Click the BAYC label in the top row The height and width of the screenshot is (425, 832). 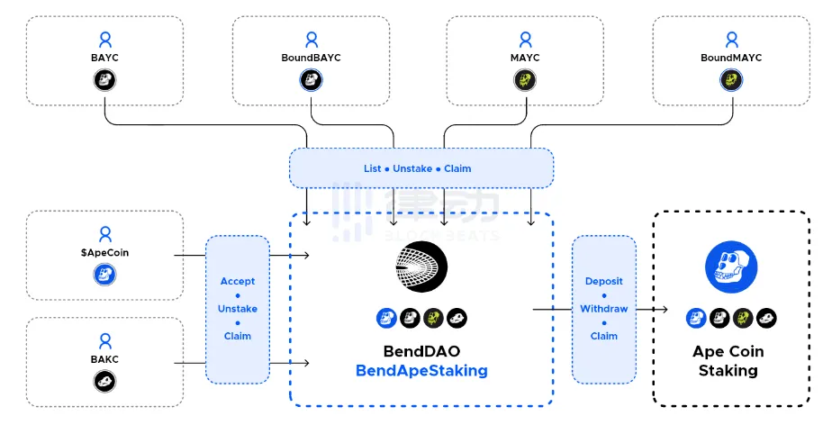click(x=105, y=58)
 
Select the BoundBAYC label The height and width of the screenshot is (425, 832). click(x=311, y=58)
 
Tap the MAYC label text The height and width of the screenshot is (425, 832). click(x=525, y=58)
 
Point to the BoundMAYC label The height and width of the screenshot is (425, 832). click(x=731, y=58)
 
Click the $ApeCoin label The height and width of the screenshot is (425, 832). click(x=104, y=253)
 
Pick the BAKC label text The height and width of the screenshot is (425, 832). click(x=105, y=359)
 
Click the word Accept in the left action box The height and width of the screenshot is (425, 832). click(x=238, y=281)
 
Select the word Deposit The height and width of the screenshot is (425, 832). click(x=604, y=281)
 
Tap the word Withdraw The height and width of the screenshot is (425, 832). click(x=604, y=309)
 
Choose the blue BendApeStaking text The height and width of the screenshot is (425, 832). click(x=421, y=370)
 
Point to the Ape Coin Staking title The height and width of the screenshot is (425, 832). click(x=728, y=360)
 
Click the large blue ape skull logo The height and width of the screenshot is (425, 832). click(x=728, y=267)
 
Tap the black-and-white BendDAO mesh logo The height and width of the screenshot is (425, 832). click(x=421, y=267)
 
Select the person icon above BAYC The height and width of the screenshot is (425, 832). click(x=105, y=40)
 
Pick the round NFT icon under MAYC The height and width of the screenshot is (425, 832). click(x=525, y=80)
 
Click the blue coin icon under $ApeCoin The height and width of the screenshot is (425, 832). click(x=105, y=275)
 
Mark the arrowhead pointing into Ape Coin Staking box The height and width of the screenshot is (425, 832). click(x=664, y=310)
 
